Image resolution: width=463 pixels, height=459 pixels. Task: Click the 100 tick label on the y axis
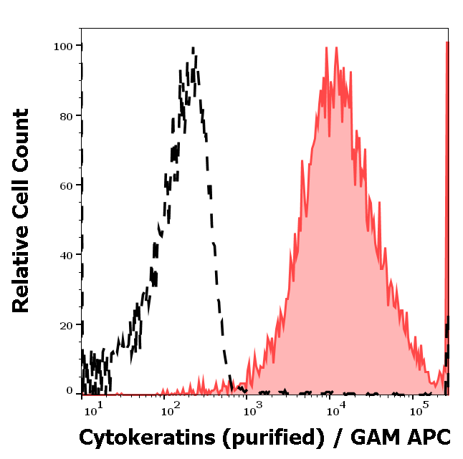(x=62, y=46)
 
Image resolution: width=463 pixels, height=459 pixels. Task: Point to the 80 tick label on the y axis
(x=66, y=116)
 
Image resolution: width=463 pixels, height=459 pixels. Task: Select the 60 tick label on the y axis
(x=66, y=185)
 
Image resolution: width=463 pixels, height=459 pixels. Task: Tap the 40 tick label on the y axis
(x=66, y=255)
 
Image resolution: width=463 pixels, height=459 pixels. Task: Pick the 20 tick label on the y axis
(x=66, y=324)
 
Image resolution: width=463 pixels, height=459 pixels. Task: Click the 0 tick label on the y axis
(x=70, y=391)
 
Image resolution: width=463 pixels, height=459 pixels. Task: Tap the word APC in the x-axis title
(x=429, y=437)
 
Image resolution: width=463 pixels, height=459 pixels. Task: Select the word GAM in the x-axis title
(x=377, y=437)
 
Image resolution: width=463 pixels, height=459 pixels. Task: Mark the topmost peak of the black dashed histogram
(x=193, y=49)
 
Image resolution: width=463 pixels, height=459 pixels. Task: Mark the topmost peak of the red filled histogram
(x=327, y=49)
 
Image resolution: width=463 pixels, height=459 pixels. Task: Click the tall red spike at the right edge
(x=447, y=215)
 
